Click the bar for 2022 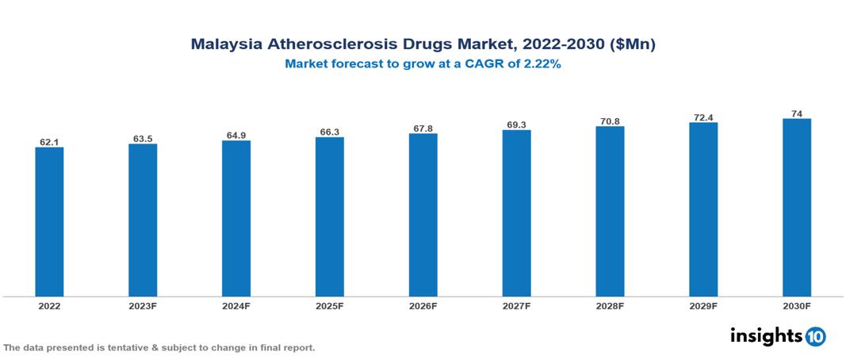click(49, 222)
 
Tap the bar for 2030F click(797, 208)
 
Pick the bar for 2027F click(516, 213)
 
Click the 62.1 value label click(49, 142)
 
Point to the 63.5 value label click(143, 139)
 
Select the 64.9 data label click(236, 136)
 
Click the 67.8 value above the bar click(423, 128)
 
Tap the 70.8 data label click(610, 121)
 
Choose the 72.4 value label click(703, 117)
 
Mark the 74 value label click(797, 113)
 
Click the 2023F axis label click(143, 306)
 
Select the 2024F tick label click(236, 306)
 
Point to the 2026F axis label click(423, 306)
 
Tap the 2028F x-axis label click(610, 306)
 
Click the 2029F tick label click(703, 306)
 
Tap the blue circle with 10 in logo click(815, 336)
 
